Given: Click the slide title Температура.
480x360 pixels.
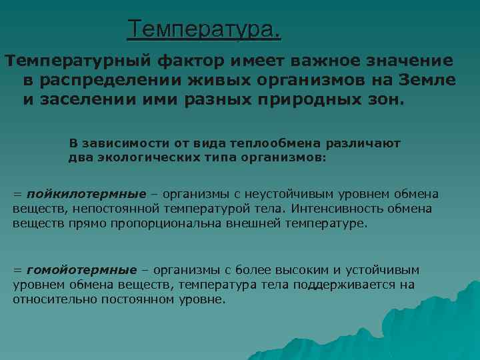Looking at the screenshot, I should tap(205, 29).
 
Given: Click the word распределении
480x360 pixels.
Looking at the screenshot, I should tap(114, 81).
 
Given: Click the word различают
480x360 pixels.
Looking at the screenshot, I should tap(363, 144).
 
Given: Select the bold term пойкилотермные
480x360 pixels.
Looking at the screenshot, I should tap(86, 194).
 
